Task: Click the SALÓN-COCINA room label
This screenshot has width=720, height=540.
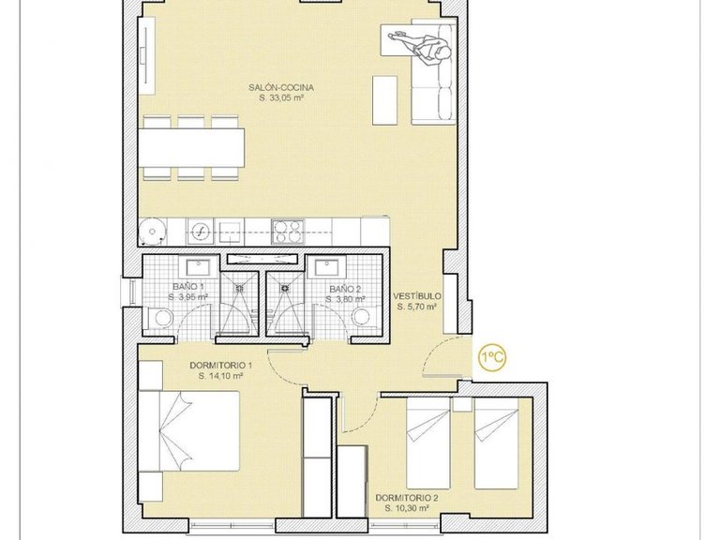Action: pos(288,87)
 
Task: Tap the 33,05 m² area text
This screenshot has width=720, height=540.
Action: pos(288,97)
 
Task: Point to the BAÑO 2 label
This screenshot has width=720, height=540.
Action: pos(344,289)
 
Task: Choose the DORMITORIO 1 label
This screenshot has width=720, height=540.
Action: pos(221,365)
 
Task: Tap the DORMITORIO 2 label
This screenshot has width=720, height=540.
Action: pos(406,498)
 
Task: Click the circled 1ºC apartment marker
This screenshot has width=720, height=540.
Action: pos(494,358)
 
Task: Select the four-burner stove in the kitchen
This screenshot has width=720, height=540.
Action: pos(286,231)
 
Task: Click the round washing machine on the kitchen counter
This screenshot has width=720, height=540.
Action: pos(151,231)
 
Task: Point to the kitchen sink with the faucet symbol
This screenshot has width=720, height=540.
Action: pos(200,231)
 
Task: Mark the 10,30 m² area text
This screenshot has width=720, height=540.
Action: pos(406,508)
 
